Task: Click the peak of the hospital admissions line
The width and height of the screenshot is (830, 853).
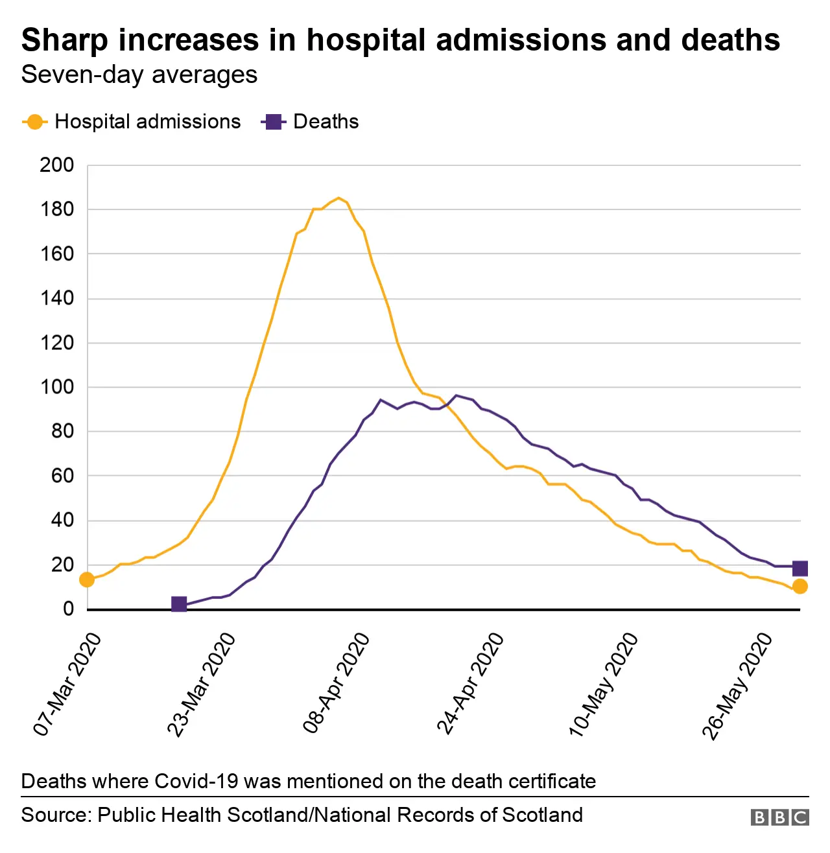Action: [x=338, y=198]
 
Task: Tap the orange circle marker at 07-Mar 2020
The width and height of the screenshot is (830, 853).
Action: [x=87, y=579]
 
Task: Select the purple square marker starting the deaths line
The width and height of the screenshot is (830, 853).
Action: [x=179, y=604]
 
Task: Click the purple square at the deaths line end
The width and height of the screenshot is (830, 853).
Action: [x=800, y=568]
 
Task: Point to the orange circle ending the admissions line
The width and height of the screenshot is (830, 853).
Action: [x=800, y=586]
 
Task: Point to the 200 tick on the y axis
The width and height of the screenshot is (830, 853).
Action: [x=57, y=165]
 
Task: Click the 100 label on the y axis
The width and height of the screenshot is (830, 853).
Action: [x=57, y=388]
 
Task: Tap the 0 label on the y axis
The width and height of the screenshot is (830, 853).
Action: [x=68, y=609]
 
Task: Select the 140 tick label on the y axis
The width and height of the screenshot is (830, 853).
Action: [x=57, y=299]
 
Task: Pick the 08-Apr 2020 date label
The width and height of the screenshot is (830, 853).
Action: [x=337, y=683]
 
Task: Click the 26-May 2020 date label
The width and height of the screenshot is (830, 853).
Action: [x=738, y=685]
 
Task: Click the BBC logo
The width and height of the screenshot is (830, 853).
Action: [x=779, y=817]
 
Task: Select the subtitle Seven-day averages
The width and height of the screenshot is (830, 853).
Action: [x=139, y=75]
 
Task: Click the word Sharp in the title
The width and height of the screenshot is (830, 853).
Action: [x=64, y=40]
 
